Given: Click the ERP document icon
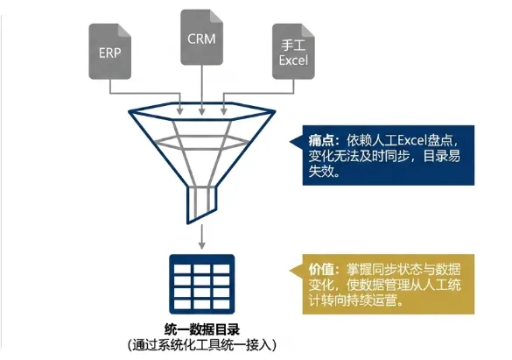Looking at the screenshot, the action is pyautogui.click(x=110, y=52).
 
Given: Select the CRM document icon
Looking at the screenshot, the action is pyautogui.click(x=202, y=38).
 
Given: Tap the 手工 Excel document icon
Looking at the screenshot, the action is pyautogui.click(x=293, y=52).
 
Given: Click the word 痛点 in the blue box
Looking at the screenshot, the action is pyautogui.click(x=321, y=140).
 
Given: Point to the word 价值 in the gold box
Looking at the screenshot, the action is pyautogui.click(x=321, y=270).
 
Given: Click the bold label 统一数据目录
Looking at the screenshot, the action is pyautogui.click(x=202, y=329).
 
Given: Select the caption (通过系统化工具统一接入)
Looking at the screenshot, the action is pyautogui.click(x=202, y=344).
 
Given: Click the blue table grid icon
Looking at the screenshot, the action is pyautogui.click(x=202, y=284).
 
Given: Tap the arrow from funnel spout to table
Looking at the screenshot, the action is pyautogui.click(x=202, y=236).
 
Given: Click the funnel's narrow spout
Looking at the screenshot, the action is pyautogui.click(x=201, y=202).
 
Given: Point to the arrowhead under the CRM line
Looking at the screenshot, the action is pyautogui.click(x=202, y=111).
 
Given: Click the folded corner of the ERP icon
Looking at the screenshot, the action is pyautogui.click(x=124, y=30).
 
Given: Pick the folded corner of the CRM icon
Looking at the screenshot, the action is pyautogui.click(x=216, y=16).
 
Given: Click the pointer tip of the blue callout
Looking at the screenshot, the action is pyautogui.click(x=290, y=142).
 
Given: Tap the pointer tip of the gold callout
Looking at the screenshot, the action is pyautogui.click(x=290, y=271).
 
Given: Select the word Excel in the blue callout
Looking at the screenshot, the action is pyautogui.click(x=412, y=140).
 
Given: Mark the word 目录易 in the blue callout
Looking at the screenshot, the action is pyautogui.click(x=442, y=156).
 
